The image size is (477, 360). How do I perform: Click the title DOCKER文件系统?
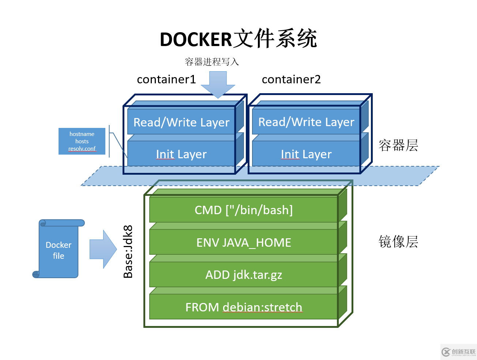click(238, 39)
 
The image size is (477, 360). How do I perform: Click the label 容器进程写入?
click(212, 62)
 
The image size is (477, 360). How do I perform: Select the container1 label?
click(166, 79)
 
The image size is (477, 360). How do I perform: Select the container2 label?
click(291, 79)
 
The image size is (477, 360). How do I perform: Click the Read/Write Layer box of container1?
click(181, 122)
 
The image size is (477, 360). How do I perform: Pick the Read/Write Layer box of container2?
click(306, 122)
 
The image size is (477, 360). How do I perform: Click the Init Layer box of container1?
click(181, 154)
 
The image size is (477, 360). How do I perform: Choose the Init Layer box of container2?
click(306, 154)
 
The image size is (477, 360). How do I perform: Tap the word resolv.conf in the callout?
click(82, 149)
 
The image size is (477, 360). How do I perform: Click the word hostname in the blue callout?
click(82, 134)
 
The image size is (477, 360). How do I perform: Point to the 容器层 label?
click(398, 145)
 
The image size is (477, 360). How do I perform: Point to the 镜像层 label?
click(398, 242)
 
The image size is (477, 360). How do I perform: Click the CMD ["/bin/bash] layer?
click(244, 210)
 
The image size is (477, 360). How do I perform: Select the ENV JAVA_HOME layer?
click(244, 242)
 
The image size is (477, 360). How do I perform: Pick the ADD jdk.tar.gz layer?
click(244, 274)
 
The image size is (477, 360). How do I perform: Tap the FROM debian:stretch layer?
click(244, 307)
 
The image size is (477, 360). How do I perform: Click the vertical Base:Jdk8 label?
click(128, 252)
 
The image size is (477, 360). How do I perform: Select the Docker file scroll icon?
click(59, 250)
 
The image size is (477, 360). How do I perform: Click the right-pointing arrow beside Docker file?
click(103, 249)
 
